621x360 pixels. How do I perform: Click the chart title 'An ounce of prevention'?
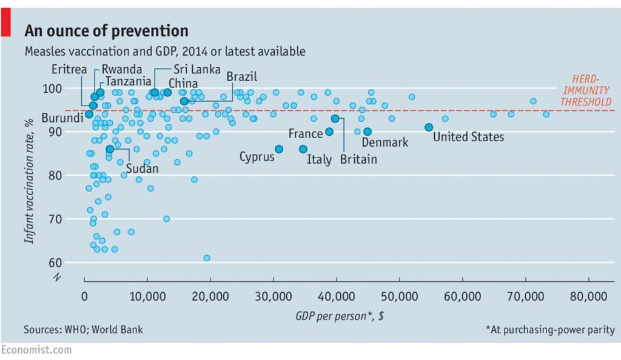tap(106, 31)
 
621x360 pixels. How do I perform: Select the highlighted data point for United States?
tap(429, 127)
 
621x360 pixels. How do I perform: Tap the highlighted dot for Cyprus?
tap(279, 148)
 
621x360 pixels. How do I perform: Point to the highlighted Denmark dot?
tap(368, 132)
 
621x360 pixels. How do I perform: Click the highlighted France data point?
tap(329, 132)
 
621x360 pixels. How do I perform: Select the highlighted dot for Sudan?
tap(110, 148)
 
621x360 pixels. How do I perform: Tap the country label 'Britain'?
tap(358, 159)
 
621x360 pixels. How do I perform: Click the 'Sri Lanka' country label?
tap(197, 69)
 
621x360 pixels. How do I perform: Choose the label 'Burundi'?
tap(62, 118)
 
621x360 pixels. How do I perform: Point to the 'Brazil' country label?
tap(242, 76)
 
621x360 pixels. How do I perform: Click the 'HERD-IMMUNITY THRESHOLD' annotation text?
tap(585, 90)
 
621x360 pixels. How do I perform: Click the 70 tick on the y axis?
tap(72, 219)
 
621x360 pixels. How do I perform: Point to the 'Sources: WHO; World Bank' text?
tap(84, 330)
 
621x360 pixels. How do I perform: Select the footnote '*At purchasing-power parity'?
tap(550, 330)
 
